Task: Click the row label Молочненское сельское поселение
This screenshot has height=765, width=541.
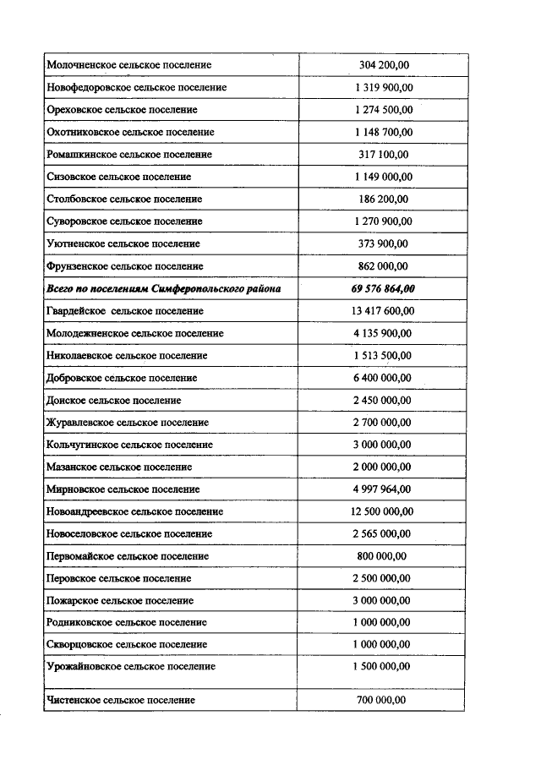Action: (129, 65)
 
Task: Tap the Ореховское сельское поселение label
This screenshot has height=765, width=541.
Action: (122, 110)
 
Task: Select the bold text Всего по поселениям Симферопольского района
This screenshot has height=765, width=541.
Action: (162, 288)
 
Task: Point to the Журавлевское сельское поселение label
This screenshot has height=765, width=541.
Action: (128, 423)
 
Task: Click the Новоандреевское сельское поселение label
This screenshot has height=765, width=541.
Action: (135, 511)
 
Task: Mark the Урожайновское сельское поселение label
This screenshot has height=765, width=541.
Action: (131, 667)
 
